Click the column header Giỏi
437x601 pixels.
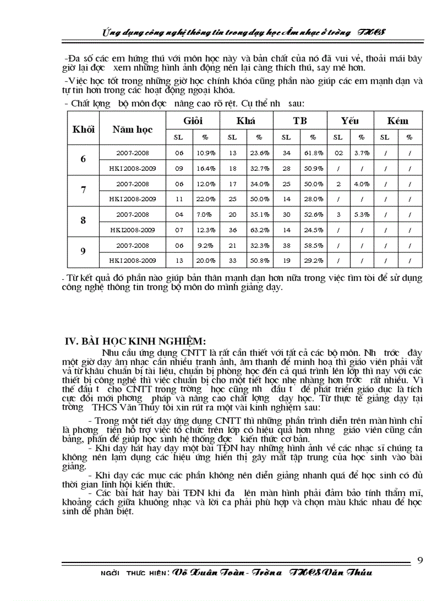(193, 120)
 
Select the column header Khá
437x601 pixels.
(245, 120)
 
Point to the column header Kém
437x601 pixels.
(397, 120)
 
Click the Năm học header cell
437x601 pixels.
(132, 129)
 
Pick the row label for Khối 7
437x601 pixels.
(83, 191)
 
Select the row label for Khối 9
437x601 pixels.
(83, 252)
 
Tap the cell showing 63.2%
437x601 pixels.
(260, 230)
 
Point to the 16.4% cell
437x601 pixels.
(206, 168)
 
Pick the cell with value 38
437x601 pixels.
(287, 245)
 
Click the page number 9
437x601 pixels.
(420, 560)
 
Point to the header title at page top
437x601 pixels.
(241, 32)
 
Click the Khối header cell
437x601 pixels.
(83, 129)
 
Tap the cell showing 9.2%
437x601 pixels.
(206, 245)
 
